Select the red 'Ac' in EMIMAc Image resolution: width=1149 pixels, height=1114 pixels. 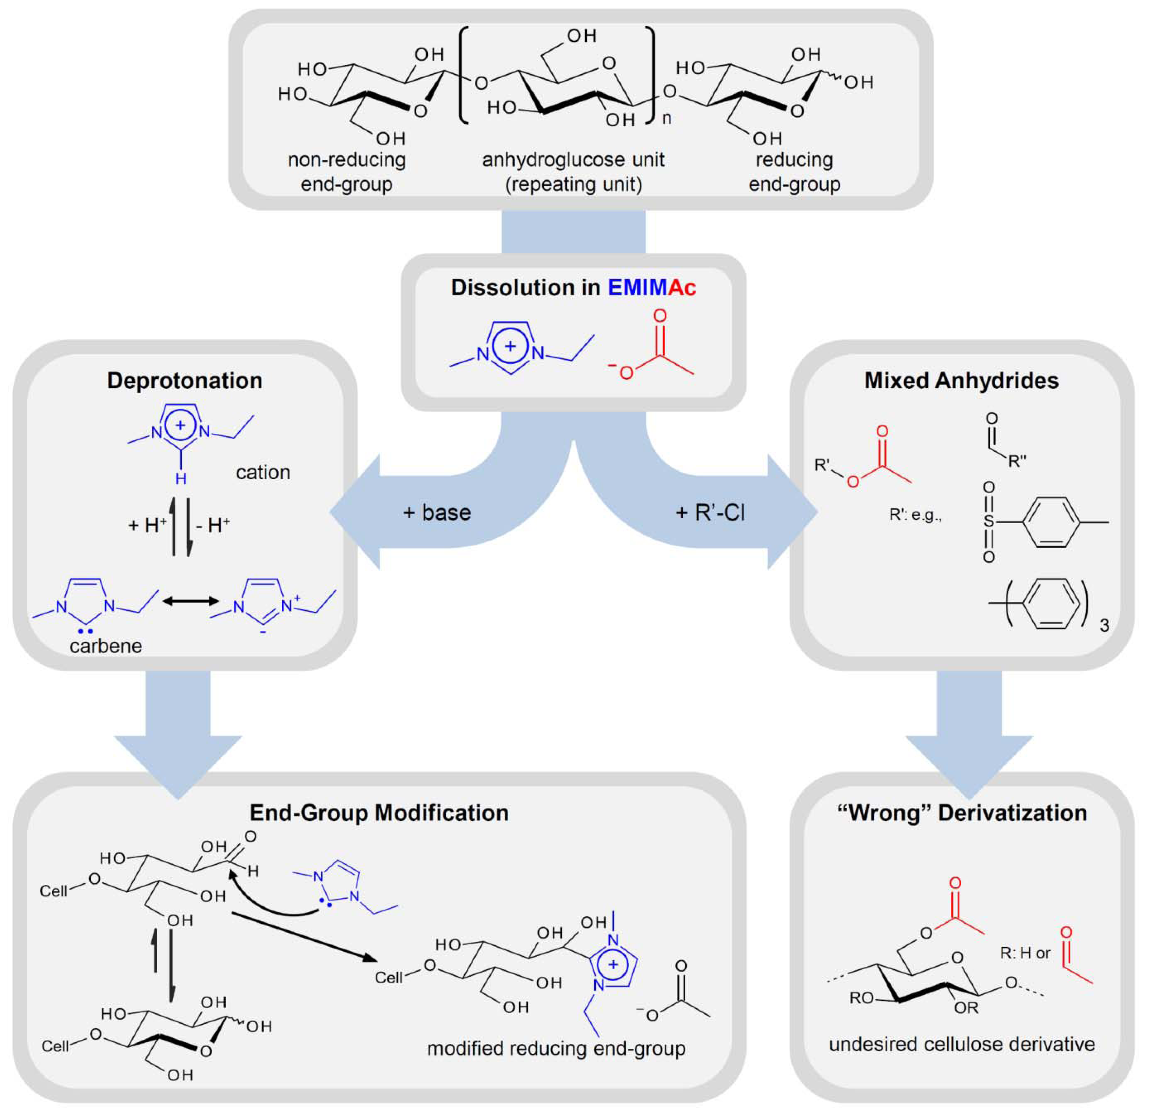tap(682, 288)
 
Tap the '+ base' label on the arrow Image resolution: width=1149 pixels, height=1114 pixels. tap(437, 513)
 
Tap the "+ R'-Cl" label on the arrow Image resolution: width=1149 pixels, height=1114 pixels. tap(710, 513)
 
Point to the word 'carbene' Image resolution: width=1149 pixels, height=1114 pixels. tap(105, 646)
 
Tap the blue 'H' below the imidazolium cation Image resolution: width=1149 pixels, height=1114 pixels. tap(181, 479)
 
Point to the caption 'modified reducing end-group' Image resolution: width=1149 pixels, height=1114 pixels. tap(556, 1048)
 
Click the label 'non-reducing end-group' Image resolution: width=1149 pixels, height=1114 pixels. tap(346, 172)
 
